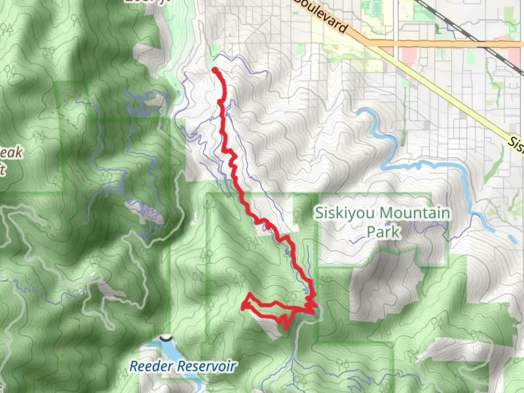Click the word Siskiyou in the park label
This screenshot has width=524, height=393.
click(x=344, y=213)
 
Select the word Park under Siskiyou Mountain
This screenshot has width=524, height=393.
click(x=383, y=232)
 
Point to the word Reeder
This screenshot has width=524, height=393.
click(x=146, y=366)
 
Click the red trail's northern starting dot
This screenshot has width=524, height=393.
click(x=215, y=70)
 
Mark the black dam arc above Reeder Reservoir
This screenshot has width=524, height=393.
click(x=166, y=339)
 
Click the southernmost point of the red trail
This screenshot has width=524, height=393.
click(x=286, y=328)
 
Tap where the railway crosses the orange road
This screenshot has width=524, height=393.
click(x=486, y=44)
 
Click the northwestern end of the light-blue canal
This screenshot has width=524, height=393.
click(x=360, y=111)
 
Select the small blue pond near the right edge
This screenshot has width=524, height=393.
click(x=512, y=239)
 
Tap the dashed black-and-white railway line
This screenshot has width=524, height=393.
click(x=455, y=22)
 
